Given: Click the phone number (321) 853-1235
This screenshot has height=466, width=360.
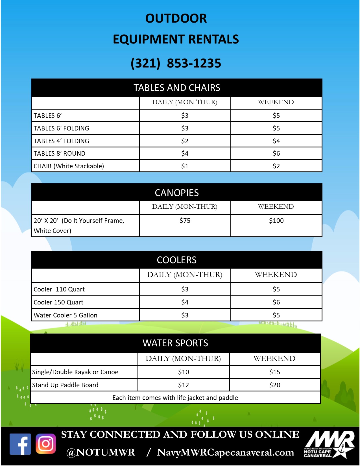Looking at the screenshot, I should coord(176,63).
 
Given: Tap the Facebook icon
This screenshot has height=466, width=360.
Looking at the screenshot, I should coord(20,444).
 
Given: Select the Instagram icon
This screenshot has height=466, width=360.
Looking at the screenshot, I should coord(46,444).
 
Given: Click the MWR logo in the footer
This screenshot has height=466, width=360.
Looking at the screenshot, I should coord(329,444).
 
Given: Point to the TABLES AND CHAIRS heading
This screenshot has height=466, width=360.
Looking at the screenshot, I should coord(177,88).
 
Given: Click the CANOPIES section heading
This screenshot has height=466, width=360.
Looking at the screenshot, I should coord(177,193).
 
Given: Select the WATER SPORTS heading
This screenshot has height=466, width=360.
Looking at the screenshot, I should coord(175,343).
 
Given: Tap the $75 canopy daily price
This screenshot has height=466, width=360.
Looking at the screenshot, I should coord(185,221).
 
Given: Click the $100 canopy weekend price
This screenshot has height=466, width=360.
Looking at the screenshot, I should coord(276,221).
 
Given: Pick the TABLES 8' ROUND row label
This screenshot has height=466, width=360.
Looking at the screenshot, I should coord(60,153).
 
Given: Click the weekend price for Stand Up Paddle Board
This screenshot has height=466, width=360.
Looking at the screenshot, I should coord(275,385).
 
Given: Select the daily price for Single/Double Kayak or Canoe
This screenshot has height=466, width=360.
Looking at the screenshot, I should coord(184,372).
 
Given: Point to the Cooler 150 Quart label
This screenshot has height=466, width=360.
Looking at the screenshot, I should coord(58,302).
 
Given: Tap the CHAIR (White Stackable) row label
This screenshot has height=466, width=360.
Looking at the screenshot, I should coord(69,166).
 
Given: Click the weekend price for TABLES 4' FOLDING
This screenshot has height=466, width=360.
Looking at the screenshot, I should coord(276,141).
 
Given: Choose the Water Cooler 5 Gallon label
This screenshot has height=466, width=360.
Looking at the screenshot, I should coord(66,315).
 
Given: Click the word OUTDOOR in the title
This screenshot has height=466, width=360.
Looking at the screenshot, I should coord(176,19).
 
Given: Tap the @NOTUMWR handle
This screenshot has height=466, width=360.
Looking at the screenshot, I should coord(101,452).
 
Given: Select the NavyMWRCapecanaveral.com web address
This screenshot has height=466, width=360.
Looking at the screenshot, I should coord(225,452).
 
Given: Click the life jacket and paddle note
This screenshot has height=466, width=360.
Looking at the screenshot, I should coord(175,398).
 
